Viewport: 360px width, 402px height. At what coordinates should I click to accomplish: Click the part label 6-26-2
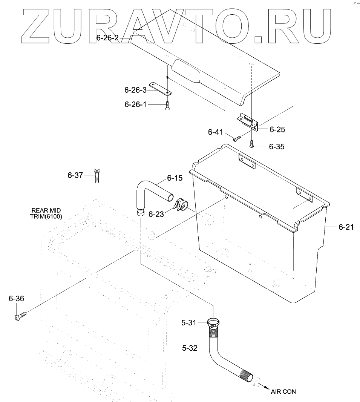point(108,38)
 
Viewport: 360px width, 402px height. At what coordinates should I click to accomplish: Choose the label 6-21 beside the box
point(346,227)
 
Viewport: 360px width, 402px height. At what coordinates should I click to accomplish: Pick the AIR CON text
point(283,391)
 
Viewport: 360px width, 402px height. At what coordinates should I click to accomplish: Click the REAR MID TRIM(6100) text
point(47,213)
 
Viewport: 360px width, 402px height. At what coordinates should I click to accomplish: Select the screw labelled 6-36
point(20,314)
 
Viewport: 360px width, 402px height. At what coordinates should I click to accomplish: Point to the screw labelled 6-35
point(251,143)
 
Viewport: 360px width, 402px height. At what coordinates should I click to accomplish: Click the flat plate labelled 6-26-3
point(160,88)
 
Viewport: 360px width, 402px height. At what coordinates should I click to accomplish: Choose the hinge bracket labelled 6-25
point(247,121)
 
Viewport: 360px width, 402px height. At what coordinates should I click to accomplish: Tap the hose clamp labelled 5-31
point(214,322)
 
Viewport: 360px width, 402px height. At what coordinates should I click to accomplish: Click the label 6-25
point(277,129)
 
